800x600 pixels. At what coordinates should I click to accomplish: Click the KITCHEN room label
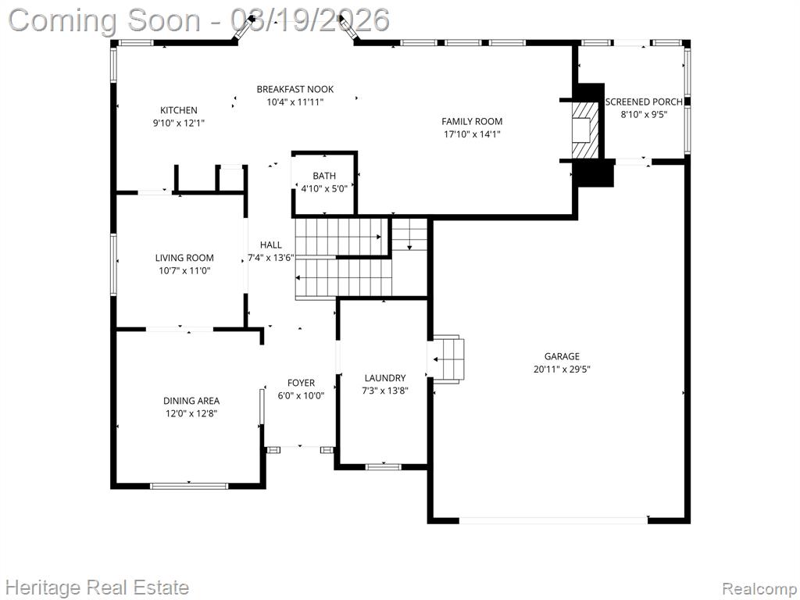point(179,110)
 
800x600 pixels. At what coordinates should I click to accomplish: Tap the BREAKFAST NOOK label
point(295,89)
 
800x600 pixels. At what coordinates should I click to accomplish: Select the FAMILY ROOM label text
point(472,121)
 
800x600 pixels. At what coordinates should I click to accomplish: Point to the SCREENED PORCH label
point(644,102)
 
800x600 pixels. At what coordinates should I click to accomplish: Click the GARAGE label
point(562,356)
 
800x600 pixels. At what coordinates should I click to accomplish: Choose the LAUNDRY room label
point(385,378)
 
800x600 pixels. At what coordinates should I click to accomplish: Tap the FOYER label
point(301,383)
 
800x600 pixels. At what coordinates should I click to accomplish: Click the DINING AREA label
point(191,401)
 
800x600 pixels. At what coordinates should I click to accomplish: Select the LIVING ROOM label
point(184,258)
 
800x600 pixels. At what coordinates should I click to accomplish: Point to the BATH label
point(324,176)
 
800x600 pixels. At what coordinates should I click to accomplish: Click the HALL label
point(270,245)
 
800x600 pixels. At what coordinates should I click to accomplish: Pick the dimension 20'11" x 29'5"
point(562,370)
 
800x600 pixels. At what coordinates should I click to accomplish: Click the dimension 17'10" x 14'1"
point(472,134)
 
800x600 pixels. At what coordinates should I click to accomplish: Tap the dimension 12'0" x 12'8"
point(191,414)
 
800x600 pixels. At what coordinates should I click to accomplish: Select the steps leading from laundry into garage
point(448,359)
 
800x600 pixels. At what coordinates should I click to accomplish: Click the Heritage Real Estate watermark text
point(97,587)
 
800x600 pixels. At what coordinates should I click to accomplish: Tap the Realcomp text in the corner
point(759,589)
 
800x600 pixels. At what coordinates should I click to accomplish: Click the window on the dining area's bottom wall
point(189,486)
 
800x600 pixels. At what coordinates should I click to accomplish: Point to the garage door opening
point(554,520)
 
